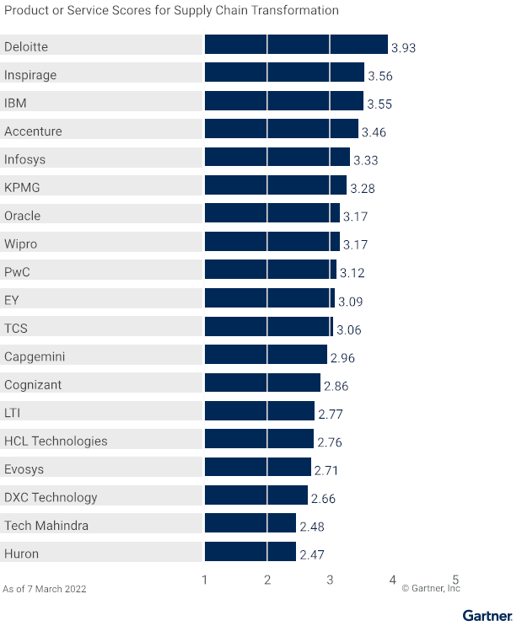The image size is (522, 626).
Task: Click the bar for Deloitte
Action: coord(296,45)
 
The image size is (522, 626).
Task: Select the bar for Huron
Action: coord(250,553)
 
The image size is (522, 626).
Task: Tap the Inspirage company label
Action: coord(30,75)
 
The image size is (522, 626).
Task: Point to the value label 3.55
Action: coord(379,104)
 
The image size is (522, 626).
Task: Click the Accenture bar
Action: coord(282,130)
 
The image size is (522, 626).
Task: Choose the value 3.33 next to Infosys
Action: coord(366,160)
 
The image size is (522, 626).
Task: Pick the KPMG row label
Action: coord(22,187)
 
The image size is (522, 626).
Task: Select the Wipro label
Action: coord(21,243)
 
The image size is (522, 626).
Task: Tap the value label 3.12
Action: coord(352,273)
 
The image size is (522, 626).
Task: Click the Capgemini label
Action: coord(35,356)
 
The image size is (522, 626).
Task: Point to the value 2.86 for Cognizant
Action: coord(336,386)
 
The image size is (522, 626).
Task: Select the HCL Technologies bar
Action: coord(260,440)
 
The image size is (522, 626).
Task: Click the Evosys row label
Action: coord(24,468)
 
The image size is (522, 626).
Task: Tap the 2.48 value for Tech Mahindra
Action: coord(312,527)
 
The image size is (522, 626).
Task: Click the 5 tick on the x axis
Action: coord(455,580)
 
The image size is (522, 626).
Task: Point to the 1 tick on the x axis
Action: coord(205,580)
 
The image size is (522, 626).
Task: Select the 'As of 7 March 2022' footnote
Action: coord(45,589)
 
